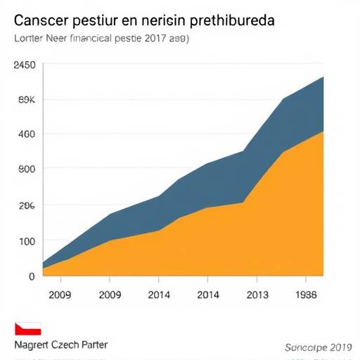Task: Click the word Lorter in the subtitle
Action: tap(27, 39)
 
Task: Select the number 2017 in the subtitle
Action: tap(157, 39)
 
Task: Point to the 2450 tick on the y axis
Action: tap(24, 65)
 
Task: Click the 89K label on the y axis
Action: tap(26, 99)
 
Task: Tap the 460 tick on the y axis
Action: tap(26, 134)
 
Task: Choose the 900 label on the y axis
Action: tap(26, 169)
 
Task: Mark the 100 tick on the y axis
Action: tap(26, 241)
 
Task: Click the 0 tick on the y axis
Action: tap(31, 276)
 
